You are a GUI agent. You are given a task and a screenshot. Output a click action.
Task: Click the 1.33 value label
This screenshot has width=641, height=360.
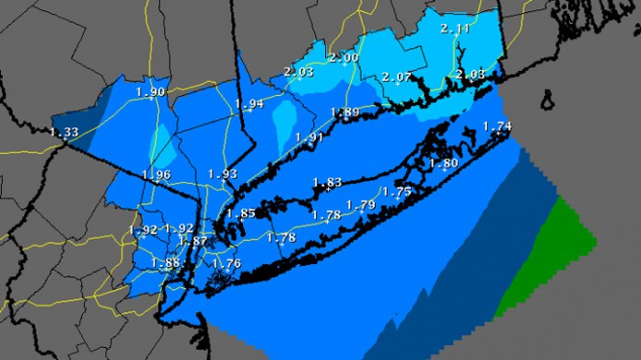click(x=64, y=133)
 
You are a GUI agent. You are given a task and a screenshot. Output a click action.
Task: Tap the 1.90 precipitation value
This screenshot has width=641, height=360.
click(x=150, y=92)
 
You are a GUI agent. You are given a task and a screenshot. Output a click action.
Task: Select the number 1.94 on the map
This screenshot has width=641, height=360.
click(x=250, y=104)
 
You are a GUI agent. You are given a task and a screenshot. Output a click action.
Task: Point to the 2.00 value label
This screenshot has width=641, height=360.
click(x=344, y=58)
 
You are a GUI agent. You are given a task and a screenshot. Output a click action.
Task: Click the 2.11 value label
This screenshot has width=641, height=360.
click(x=455, y=29)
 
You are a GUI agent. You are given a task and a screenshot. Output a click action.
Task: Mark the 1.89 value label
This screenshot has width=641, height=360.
click(x=345, y=113)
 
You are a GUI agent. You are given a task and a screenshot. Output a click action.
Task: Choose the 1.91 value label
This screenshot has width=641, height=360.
click(x=310, y=137)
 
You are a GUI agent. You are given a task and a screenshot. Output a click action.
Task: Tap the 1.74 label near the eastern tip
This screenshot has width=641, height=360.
click(x=496, y=126)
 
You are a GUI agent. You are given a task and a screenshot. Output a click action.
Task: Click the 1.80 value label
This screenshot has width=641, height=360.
click(x=444, y=164)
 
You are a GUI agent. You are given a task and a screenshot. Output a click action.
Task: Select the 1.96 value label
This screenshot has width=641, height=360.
click(x=157, y=175)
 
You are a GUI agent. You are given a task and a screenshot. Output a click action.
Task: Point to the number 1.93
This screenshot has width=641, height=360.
click(x=222, y=174)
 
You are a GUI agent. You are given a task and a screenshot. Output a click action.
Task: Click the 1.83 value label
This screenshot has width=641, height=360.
click(x=327, y=182)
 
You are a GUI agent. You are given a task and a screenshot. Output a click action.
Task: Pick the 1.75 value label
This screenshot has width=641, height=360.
click(x=396, y=192)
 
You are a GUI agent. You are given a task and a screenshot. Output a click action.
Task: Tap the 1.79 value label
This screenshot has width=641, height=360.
click(x=360, y=204)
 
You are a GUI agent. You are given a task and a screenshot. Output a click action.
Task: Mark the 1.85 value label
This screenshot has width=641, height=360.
click(x=240, y=214)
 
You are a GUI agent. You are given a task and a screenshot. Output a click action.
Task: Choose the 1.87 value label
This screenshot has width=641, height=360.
click(x=193, y=241)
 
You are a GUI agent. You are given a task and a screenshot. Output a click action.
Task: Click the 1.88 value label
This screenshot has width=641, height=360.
click(x=166, y=262)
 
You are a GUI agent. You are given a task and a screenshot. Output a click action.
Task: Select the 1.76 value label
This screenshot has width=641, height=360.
click(x=227, y=263)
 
